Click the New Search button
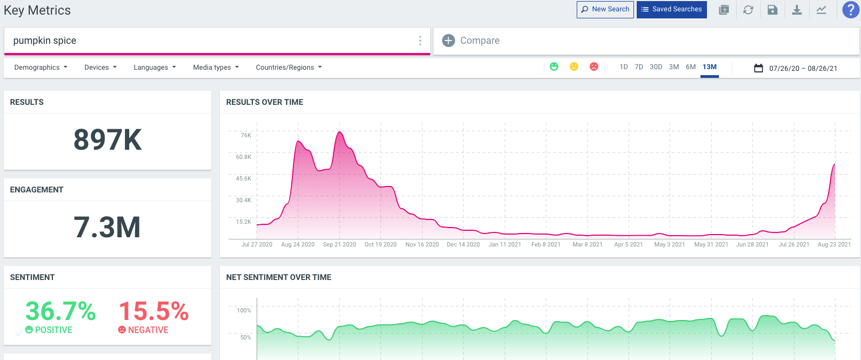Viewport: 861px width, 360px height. (605, 9)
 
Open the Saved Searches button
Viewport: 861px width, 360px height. (671, 9)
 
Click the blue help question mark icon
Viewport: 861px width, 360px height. (851, 10)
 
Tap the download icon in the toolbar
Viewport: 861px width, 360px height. (797, 10)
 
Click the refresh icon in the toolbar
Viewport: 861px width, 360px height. (748, 10)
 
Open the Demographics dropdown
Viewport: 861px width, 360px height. (41, 68)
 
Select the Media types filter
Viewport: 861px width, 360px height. (216, 68)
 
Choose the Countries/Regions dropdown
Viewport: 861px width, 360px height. (289, 68)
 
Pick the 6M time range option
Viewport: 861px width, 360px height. (690, 67)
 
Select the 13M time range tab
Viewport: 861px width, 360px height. (709, 67)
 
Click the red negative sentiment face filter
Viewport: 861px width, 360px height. (593, 66)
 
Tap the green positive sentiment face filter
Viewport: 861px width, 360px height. (554, 66)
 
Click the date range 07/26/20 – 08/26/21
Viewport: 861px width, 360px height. (803, 68)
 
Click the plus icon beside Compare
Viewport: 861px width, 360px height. (449, 41)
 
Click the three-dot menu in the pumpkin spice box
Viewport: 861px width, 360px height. (420, 41)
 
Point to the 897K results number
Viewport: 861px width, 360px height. (108, 140)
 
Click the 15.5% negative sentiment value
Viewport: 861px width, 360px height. (153, 312)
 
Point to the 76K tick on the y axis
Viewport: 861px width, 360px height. (246, 135)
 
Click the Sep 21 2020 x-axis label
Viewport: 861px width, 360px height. (339, 245)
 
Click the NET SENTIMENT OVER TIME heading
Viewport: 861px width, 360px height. (278, 277)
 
